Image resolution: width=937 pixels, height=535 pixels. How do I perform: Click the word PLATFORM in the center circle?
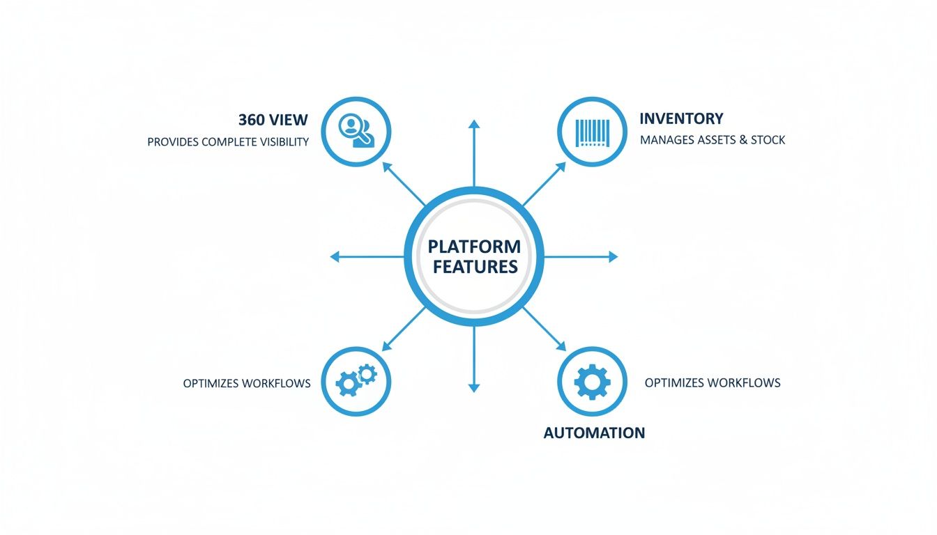[x=474, y=247]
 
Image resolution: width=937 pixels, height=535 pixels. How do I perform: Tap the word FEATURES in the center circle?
[x=474, y=267]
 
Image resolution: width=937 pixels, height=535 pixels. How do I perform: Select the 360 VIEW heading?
[x=273, y=119]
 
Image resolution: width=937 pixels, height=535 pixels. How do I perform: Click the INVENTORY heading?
[x=681, y=118]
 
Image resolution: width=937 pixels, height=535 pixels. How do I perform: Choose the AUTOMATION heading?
[x=594, y=433]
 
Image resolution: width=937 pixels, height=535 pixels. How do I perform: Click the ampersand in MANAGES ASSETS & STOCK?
[x=743, y=140]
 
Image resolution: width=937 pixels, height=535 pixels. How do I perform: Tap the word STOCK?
[x=768, y=140]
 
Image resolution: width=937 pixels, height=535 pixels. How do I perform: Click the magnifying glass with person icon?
[x=356, y=131]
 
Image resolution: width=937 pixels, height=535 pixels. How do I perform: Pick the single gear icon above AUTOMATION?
[x=592, y=382]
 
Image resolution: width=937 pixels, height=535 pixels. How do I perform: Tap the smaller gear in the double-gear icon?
[x=367, y=374]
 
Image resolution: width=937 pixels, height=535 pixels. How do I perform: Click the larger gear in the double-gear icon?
[x=348, y=385]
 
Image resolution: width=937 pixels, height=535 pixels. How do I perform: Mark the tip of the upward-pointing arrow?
[x=474, y=122]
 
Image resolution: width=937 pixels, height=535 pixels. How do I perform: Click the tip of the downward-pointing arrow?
[x=474, y=389]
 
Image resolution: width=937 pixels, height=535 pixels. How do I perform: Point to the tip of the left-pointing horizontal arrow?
[x=333, y=257]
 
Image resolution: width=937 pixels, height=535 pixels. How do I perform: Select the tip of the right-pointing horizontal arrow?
[x=616, y=257]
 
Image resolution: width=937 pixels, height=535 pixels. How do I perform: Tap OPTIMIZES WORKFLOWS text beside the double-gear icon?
[x=247, y=383]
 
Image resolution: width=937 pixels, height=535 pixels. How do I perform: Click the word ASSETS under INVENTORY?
[x=716, y=140]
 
